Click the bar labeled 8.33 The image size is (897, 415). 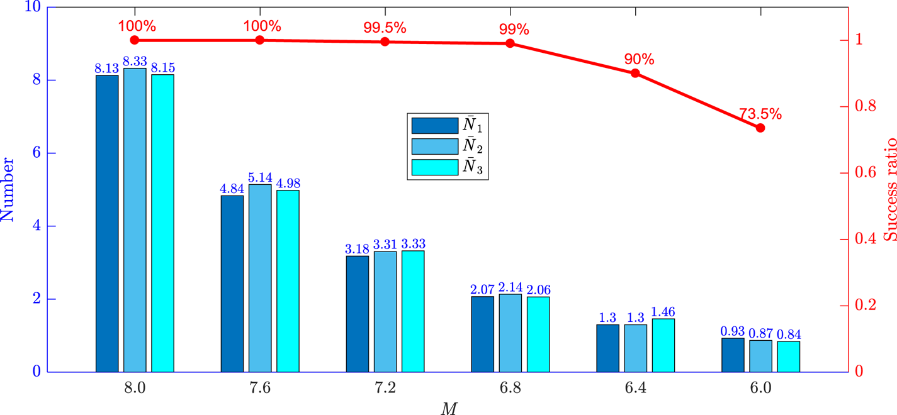click(x=135, y=219)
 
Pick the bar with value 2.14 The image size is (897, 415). click(x=511, y=333)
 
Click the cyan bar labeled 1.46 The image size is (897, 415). click(x=663, y=345)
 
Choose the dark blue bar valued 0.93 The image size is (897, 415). click(x=733, y=355)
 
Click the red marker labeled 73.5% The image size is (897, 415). click(x=760, y=128)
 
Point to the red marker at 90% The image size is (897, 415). click(x=635, y=73)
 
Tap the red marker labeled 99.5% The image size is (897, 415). click(x=385, y=42)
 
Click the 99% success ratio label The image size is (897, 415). click(x=514, y=29)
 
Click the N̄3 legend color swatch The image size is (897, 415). click(x=434, y=167)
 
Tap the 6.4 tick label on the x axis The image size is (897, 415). click(x=635, y=387)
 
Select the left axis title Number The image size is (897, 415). click(x=8, y=189)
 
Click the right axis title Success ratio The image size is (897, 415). click(x=890, y=189)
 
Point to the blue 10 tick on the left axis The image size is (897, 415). click(x=31, y=8)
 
